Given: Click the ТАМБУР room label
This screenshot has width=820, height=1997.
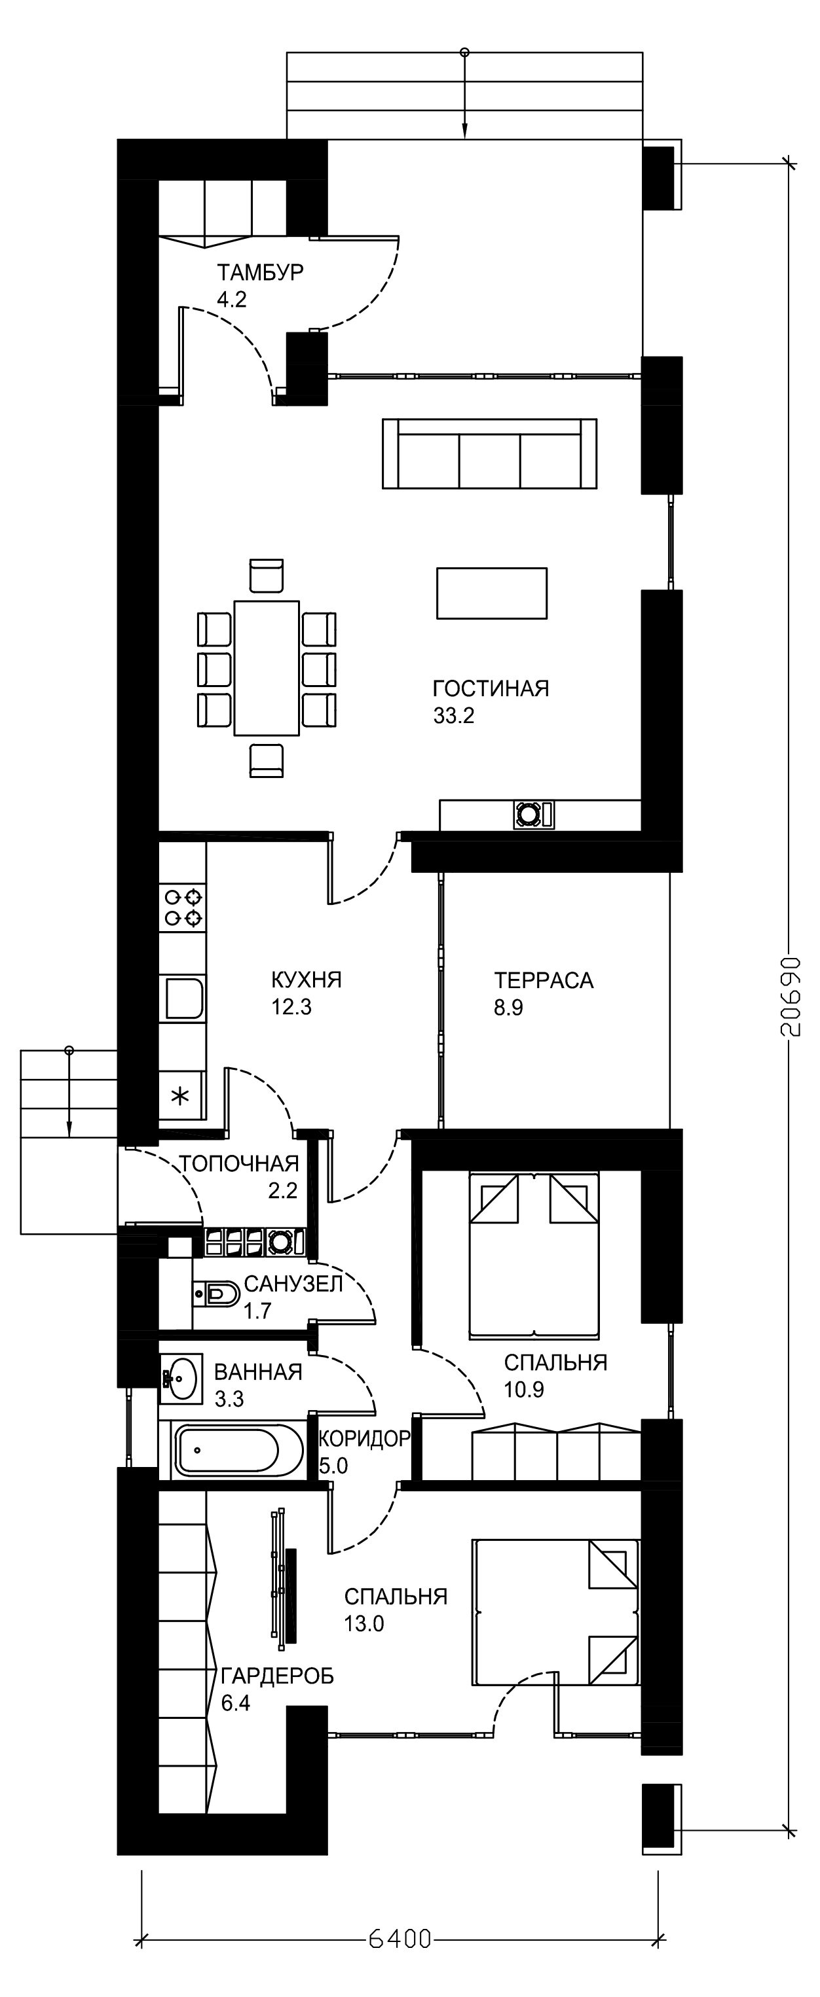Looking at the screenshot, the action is coord(260,273).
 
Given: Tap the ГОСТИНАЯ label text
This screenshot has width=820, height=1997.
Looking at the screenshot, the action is coord(491,688).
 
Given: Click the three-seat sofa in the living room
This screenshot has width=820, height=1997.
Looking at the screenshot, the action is coord(489,453).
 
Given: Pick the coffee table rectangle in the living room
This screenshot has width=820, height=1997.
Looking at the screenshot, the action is coord(492,593).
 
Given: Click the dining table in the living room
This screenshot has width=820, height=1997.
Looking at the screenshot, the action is coord(267,667).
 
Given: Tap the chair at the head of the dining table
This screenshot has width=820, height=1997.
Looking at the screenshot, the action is coord(267,575).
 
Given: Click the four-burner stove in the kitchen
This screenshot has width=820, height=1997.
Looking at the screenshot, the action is coord(183,908).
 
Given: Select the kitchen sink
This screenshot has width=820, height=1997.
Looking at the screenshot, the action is coord(183,997).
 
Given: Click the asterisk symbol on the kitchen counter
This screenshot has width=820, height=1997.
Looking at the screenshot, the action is coord(180,1095).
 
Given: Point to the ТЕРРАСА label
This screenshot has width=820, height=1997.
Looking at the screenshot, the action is coord(544,980).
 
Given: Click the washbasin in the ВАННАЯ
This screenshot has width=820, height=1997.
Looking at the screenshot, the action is coord(180,1379).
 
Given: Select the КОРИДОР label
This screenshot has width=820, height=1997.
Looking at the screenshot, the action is coord(364,1439).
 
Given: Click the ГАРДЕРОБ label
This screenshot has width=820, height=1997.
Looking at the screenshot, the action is coord(278,1676).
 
